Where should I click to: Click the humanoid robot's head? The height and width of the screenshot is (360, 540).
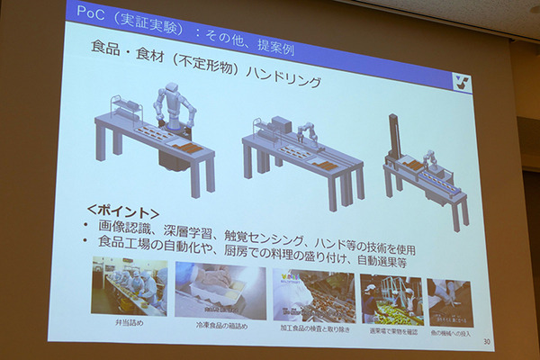170,90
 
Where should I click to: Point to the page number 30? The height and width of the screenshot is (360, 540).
486,341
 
